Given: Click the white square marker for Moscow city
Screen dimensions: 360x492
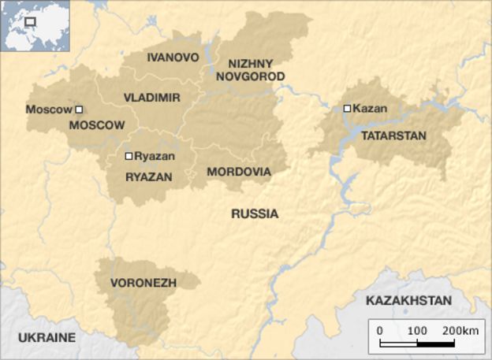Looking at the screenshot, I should (x=79, y=109).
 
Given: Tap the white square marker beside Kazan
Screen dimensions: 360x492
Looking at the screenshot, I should (x=347, y=109).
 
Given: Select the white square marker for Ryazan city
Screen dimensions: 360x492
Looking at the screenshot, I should (x=129, y=156).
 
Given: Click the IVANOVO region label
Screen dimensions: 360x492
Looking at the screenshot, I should (x=173, y=58).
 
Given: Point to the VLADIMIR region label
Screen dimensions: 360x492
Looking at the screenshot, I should (x=152, y=97).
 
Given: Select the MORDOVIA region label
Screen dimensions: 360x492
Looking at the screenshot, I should (x=238, y=172).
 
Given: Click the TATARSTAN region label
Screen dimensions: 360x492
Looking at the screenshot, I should (x=393, y=135).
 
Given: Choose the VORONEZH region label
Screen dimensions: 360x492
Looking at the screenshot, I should (x=143, y=282).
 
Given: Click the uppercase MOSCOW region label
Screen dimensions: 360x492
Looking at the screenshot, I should (x=97, y=125).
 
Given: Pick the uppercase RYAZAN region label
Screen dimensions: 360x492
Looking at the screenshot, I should (x=148, y=177).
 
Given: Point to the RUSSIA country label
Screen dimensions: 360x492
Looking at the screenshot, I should (x=255, y=213).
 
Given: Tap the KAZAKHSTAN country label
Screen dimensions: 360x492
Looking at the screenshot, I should (x=408, y=300).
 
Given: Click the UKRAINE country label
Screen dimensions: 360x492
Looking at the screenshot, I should (x=47, y=337).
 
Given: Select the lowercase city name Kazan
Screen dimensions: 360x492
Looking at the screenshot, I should (x=370, y=108).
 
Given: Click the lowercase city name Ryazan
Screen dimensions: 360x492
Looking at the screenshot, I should (x=154, y=156).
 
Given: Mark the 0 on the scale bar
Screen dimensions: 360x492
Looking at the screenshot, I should (x=379, y=329).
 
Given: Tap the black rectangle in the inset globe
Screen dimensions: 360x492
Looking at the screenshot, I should (x=32, y=22).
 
